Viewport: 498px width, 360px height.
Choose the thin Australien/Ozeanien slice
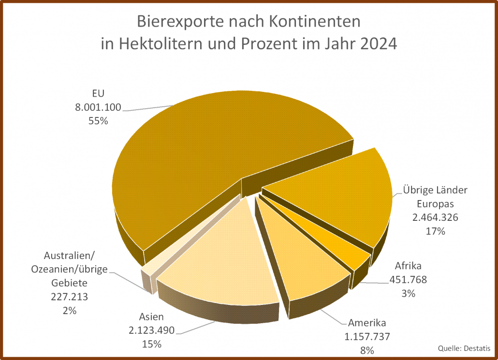[x=147, y=273]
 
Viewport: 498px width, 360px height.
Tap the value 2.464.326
[x=435, y=217]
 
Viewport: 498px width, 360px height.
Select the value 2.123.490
[x=151, y=331]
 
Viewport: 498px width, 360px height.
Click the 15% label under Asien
[x=151, y=344]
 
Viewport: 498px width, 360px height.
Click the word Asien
[x=151, y=317]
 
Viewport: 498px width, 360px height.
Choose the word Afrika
[x=409, y=266]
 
